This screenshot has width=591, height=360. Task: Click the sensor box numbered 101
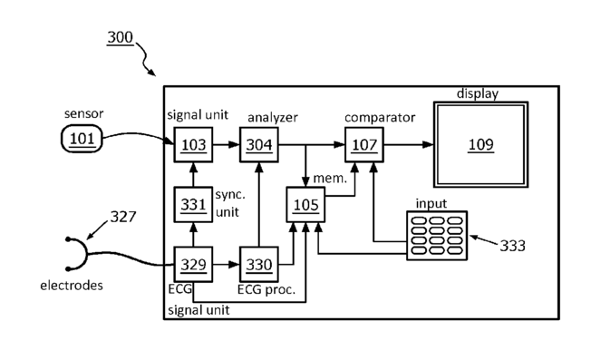(x=82, y=139)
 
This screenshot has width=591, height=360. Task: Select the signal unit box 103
(x=193, y=145)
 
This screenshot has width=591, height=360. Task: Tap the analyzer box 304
(x=259, y=145)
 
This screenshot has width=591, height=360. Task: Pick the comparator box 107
(x=364, y=145)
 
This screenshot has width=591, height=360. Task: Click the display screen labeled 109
(x=481, y=144)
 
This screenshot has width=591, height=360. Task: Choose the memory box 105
(x=305, y=205)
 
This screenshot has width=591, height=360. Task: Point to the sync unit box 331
(x=193, y=205)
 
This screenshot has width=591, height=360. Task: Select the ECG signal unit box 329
(x=193, y=265)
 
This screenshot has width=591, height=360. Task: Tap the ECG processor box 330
(x=259, y=265)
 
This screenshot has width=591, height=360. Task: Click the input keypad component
(x=437, y=236)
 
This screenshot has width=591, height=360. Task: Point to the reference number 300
(x=121, y=37)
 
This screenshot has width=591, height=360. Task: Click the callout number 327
(x=123, y=217)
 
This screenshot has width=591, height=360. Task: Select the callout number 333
(x=513, y=246)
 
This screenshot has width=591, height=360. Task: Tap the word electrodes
(x=72, y=286)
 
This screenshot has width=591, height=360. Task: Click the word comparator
(x=380, y=118)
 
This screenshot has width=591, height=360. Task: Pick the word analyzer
(x=273, y=118)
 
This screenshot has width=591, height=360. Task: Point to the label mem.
(x=330, y=179)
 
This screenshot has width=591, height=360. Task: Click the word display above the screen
(x=478, y=93)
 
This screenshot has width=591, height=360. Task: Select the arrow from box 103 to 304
(x=226, y=144)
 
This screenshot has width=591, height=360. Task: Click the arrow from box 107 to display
(x=409, y=144)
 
